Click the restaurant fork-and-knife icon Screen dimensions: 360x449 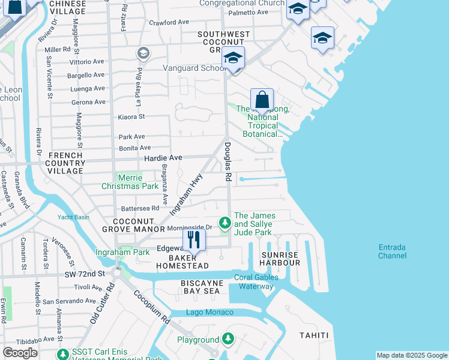(x=193, y=239)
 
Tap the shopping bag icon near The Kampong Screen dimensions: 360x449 (x=262, y=99)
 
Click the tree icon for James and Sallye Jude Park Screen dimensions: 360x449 (x=224, y=224)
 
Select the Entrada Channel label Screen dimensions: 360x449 (x=392, y=251)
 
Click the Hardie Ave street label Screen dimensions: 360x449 (x=163, y=157)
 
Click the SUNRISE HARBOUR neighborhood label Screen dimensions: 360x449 (x=280, y=259)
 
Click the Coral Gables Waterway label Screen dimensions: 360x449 (x=256, y=281)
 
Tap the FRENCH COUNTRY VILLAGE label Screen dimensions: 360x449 (x=65, y=163)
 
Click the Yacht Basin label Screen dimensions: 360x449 (x=73, y=217)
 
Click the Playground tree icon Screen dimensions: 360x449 (x=228, y=340)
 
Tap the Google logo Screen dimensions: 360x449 (x=20, y=352)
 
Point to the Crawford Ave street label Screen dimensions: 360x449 (x=169, y=22)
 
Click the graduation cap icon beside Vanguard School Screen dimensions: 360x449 (x=233, y=58)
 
